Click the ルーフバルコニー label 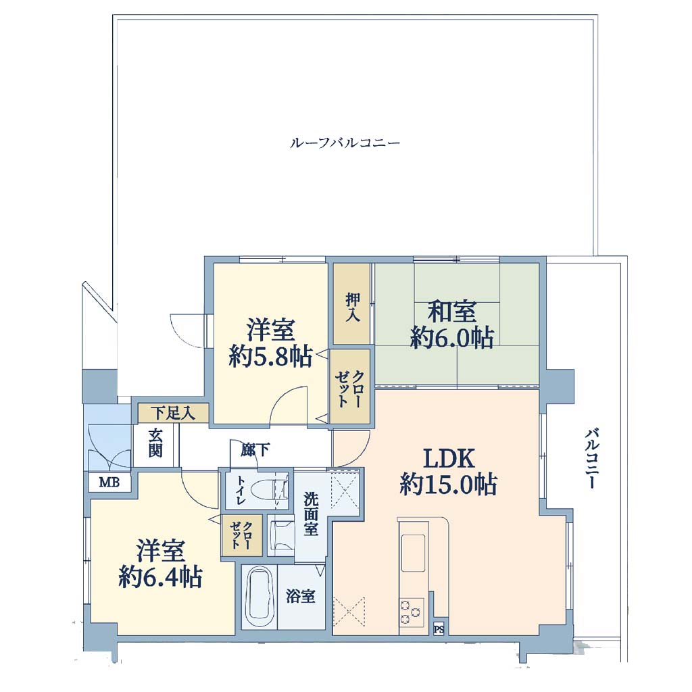click(x=345, y=143)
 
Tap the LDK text click(x=449, y=458)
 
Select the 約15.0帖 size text click(x=449, y=484)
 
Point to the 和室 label click(x=452, y=312)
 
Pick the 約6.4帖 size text click(x=160, y=576)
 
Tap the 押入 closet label click(x=352, y=307)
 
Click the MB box click(x=109, y=482)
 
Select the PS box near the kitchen click(x=438, y=629)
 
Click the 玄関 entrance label click(x=155, y=443)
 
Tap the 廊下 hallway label click(x=255, y=449)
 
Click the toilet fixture click(x=268, y=490)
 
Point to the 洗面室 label click(x=311, y=514)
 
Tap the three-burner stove click(x=412, y=611)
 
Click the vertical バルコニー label click(x=592, y=458)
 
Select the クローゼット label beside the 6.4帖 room click(x=242, y=535)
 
